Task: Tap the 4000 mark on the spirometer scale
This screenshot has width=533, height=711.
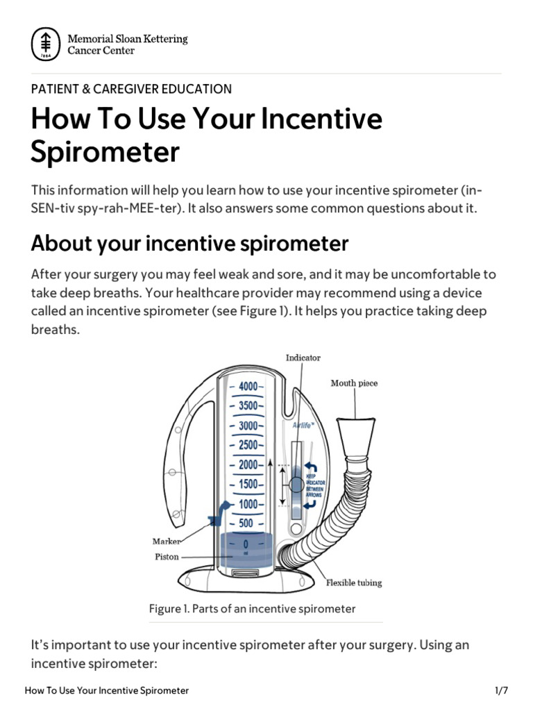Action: tap(248, 386)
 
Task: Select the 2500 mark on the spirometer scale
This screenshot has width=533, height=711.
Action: tap(248, 445)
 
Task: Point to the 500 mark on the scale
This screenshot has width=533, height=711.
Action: tap(246, 524)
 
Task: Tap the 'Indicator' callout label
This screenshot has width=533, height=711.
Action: tap(303, 358)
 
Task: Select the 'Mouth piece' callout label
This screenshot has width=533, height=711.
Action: tap(354, 383)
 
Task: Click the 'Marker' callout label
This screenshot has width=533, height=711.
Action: tap(167, 541)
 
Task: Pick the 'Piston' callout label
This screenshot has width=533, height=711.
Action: tap(167, 556)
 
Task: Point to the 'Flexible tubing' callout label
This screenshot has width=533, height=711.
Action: tap(354, 583)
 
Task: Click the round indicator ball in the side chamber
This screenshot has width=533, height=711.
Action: tap(296, 484)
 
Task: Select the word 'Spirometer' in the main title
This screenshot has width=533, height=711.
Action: tap(105, 152)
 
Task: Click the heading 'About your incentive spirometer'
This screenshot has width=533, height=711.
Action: tap(189, 244)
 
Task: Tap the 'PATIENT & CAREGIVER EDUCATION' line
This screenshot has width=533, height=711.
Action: tap(131, 89)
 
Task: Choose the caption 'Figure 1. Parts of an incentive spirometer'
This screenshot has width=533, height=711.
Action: tap(252, 609)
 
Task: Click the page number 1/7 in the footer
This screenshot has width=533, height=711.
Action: tap(502, 691)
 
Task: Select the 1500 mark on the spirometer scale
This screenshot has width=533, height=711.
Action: tap(248, 484)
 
